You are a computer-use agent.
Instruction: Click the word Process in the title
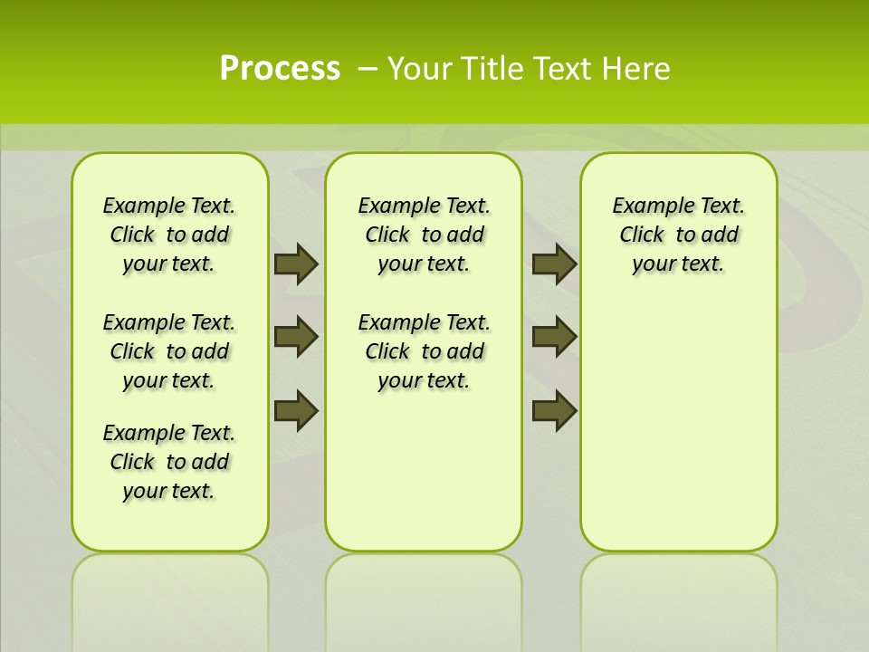(280, 68)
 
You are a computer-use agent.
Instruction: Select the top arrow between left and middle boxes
(296, 264)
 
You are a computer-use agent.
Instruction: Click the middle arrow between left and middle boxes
(296, 338)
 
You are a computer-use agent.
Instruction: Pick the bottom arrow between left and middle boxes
(296, 411)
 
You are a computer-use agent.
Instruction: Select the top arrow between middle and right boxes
(554, 264)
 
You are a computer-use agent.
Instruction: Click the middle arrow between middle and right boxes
(554, 338)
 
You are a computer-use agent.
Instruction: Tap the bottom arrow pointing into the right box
(554, 411)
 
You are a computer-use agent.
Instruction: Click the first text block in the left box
(168, 235)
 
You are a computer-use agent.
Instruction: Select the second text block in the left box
(168, 351)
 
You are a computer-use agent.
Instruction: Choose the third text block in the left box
(168, 462)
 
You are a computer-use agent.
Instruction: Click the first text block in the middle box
(424, 235)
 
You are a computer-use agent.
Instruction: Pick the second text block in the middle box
(424, 351)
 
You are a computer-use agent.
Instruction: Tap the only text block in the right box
(678, 235)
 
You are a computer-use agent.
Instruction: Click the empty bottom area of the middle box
(424, 480)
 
